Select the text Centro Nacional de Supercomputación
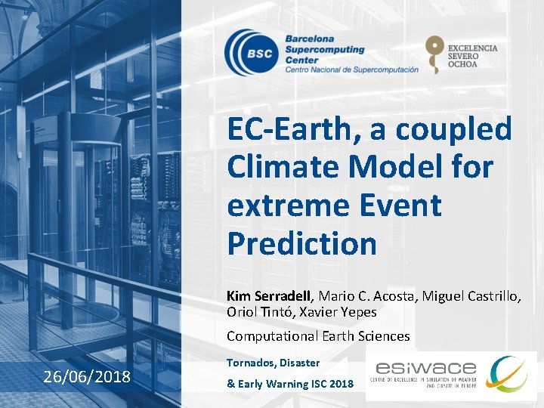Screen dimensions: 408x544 (351, 70)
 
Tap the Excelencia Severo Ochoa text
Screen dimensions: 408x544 (472, 56)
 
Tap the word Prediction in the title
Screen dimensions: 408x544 (301, 243)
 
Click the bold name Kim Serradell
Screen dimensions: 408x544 (264, 296)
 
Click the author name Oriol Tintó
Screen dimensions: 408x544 (256, 311)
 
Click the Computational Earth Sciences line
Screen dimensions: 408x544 (318, 336)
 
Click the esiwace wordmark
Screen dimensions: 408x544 (425, 369)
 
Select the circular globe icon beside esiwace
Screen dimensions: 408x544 (508, 374)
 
